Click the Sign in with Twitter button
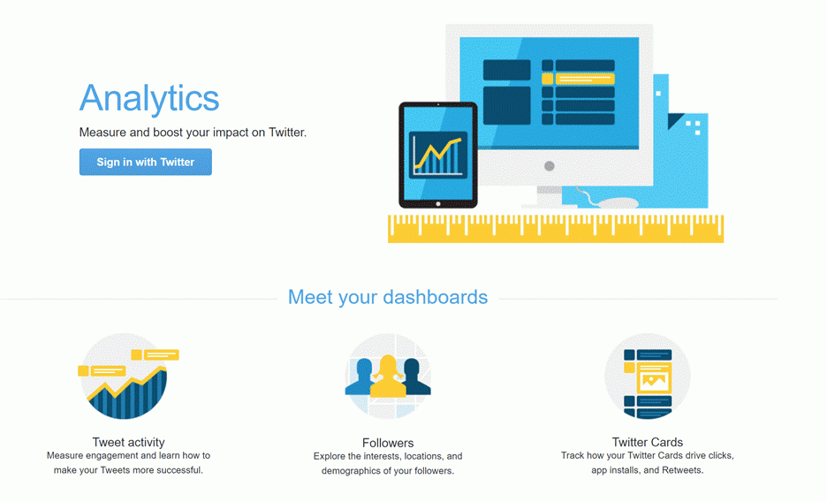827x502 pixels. [x=146, y=162]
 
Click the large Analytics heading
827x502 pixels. [x=149, y=99]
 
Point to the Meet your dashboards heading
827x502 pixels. [x=388, y=298]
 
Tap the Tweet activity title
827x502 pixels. [x=129, y=442]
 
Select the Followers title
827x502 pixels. [x=388, y=443]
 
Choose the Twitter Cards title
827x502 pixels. [x=647, y=442]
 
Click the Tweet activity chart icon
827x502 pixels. [x=126, y=376]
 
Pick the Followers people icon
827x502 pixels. [x=388, y=376]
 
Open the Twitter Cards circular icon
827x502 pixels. [x=647, y=376]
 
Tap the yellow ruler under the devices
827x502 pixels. [x=556, y=229]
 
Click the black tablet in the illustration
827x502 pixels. [x=438, y=155]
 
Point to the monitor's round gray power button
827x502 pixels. [x=549, y=166]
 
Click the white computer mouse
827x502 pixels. [x=619, y=203]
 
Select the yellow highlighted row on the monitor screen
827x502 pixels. [x=578, y=79]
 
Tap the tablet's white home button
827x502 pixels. [x=437, y=204]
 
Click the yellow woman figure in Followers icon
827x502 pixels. [x=388, y=376]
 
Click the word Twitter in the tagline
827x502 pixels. [x=287, y=133]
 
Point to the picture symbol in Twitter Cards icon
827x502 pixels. [x=654, y=380]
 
